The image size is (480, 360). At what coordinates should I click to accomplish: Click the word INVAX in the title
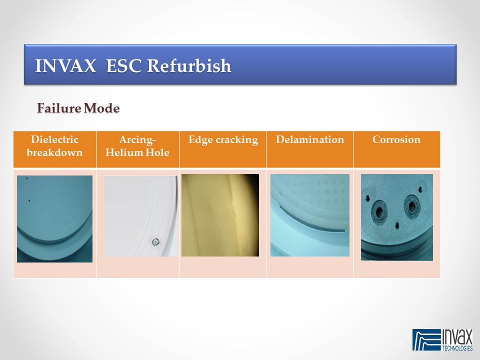(x=65, y=65)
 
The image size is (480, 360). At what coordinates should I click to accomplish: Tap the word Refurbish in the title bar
(x=189, y=65)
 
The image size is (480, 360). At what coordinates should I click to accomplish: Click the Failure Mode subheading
(x=78, y=108)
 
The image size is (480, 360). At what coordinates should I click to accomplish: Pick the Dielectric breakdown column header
(x=54, y=146)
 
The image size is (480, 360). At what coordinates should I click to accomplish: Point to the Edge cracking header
(x=223, y=140)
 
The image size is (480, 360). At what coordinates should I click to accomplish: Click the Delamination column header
(x=310, y=139)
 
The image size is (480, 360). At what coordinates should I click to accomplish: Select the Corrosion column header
(x=396, y=139)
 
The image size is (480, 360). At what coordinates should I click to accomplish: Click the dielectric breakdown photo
(x=54, y=218)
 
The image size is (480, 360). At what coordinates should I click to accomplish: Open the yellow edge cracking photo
(x=220, y=215)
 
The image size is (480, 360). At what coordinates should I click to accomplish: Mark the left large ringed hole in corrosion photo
(x=379, y=211)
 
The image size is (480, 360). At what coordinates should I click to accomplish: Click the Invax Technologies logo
(x=442, y=340)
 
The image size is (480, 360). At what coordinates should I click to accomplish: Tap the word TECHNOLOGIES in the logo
(x=457, y=348)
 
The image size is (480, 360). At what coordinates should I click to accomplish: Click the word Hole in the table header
(x=157, y=152)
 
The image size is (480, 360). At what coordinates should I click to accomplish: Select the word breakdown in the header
(x=54, y=152)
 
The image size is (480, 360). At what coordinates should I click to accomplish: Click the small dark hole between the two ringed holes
(x=397, y=226)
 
